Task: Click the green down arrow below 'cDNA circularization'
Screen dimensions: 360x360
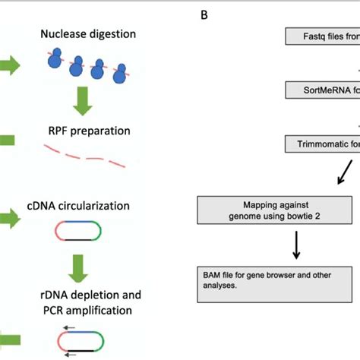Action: point(76,266)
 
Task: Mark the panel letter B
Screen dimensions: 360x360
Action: point(204,14)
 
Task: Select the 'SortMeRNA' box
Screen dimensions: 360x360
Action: point(322,90)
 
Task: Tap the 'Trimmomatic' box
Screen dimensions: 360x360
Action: point(322,144)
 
